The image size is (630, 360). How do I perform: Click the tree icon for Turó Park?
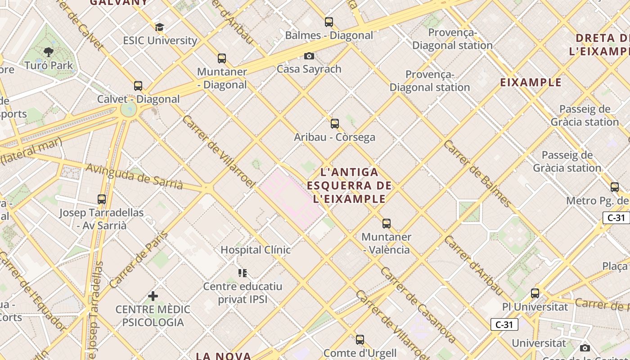49,52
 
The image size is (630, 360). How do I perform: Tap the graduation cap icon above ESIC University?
159,27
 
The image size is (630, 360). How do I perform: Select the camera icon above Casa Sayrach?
309,56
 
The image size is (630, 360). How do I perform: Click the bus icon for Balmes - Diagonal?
329,22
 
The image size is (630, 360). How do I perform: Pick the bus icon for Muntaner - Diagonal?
222,58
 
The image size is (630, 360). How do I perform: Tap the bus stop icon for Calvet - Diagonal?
138,86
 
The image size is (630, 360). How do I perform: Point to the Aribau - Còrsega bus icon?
335,124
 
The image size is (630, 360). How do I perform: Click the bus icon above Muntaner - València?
387,224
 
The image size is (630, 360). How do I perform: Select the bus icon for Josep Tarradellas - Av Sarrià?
102,199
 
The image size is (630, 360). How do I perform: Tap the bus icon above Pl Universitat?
535,293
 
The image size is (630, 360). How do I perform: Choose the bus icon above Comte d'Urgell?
360,340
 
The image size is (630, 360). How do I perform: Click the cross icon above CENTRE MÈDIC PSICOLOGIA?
153,296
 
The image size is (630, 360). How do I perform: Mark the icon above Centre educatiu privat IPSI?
243,273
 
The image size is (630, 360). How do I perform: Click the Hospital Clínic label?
255,250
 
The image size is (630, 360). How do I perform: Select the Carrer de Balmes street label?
477,173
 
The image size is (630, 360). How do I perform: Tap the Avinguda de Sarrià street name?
134,176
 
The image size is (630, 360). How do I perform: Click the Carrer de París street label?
139,260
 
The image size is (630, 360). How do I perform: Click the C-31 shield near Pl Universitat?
504,324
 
